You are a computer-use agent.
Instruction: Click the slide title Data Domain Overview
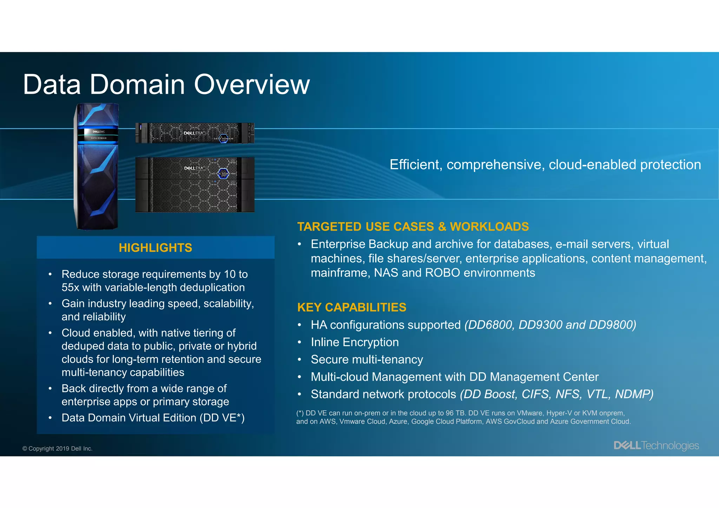[166, 85]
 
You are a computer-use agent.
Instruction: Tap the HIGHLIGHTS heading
[155, 248]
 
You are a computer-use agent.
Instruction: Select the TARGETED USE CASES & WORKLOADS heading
[413, 227]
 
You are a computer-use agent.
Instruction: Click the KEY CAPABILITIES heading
[351, 307]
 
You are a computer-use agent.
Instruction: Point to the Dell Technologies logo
[656, 446]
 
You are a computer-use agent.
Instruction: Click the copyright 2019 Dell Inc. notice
[58, 448]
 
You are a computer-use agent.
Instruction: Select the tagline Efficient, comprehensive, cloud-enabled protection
[545, 165]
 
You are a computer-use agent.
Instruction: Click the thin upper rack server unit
[195, 133]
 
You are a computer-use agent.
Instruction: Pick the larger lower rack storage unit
[195, 185]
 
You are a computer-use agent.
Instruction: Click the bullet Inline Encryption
[355, 342]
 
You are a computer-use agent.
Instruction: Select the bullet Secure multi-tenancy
[367, 360]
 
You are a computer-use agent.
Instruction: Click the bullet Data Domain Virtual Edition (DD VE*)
[153, 418]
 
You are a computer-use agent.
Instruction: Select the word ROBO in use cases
[442, 273]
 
